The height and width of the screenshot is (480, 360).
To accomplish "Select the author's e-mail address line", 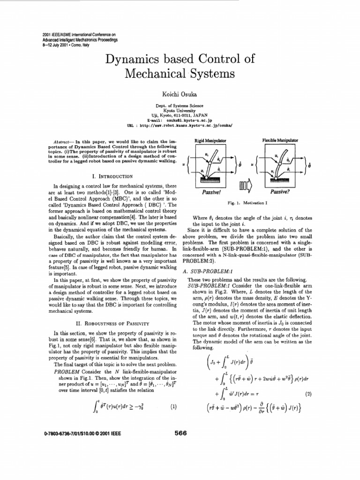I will [180, 120].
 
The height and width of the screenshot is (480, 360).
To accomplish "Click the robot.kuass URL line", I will [180, 126].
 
